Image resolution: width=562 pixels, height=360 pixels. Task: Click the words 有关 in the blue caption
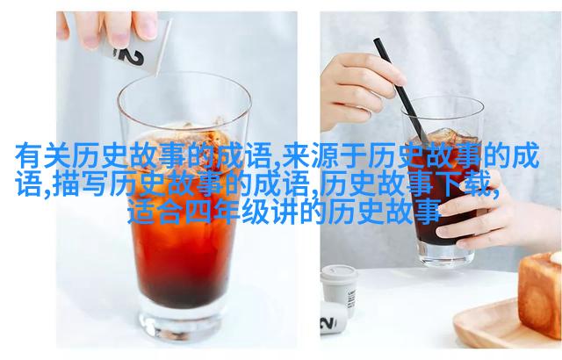pyautogui.click(x=43, y=155)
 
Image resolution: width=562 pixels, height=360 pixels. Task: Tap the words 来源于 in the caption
pyautogui.click(x=324, y=155)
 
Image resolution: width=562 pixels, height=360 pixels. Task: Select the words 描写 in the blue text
pyautogui.click(x=80, y=184)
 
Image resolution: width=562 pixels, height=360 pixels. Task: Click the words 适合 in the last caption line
pyautogui.click(x=155, y=212)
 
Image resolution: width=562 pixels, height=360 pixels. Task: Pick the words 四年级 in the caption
pyautogui.click(x=227, y=212)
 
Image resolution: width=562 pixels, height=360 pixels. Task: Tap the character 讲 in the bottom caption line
pyautogui.click(x=284, y=212)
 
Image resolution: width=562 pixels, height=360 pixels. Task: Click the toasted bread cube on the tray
pyautogui.click(x=540, y=294)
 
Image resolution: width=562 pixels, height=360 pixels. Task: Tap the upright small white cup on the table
pyautogui.click(x=340, y=290)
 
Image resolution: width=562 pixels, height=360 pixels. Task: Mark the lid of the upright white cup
pyautogui.click(x=340, y=273)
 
